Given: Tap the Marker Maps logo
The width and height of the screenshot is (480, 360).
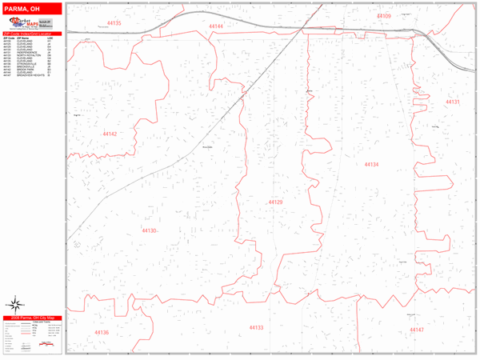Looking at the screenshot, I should pos(33,24).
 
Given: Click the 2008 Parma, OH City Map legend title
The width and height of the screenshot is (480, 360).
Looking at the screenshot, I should pos(32,317).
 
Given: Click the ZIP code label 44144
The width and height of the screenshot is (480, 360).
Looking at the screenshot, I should pos(216,26).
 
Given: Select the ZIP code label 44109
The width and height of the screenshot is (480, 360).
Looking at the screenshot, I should pos(383,16).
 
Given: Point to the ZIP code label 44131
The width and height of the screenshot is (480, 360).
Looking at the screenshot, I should pos(453,102).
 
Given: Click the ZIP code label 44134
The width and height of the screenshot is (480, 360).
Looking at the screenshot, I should pos(370,165).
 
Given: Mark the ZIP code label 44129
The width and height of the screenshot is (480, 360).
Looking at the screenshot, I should pos(275,202).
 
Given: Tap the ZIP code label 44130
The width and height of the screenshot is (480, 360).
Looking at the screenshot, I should pos(148,230).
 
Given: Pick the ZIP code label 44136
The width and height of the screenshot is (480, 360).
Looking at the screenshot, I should pos(101,332).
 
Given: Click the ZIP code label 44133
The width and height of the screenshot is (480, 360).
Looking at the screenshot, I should pos(256,327).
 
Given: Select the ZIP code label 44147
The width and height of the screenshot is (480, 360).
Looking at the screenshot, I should pos(417,330).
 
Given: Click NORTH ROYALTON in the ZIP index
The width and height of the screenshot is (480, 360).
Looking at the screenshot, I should pos(26,56).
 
